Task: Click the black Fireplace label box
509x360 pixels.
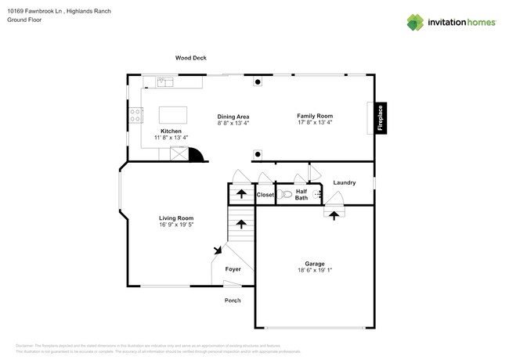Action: (380, 118)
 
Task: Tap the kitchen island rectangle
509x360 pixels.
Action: (174, 114)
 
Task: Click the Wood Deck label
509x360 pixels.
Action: (190, 58)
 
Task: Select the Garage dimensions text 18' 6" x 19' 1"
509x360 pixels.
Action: (314, 271)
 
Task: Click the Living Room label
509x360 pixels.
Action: (176, 218)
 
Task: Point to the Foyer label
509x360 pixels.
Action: (233, 269)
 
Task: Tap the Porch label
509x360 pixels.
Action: (233, 301)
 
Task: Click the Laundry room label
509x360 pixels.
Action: (345, 182)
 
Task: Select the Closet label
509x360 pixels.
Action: (265, 194)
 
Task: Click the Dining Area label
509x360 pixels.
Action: (233, 117)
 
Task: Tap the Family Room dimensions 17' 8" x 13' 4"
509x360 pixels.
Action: (314, 123)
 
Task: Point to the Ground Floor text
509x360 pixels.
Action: (24, 20)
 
